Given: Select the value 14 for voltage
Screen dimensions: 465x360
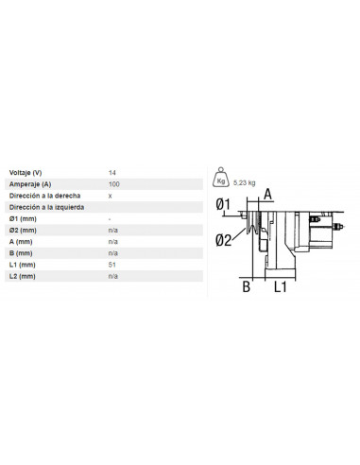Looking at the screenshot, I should coord(112,172).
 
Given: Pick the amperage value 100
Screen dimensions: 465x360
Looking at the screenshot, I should coord(114,183).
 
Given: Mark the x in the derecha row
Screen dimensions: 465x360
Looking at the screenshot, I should coord(111,195).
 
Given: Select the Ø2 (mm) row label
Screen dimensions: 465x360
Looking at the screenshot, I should coord(24,230).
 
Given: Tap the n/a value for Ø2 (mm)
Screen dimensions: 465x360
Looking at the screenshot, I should coord(112,230).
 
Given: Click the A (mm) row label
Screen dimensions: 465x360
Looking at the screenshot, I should coord(22,241).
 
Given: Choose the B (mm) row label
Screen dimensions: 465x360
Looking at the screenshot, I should coord(22,253).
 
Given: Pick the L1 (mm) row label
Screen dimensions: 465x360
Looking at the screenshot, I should coord(23,265).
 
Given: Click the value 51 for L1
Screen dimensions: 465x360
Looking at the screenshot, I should coord(111,265).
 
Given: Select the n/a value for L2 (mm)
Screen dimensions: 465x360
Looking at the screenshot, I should coord(112,276).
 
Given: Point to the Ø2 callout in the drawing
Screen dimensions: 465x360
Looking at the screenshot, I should coord(223,239).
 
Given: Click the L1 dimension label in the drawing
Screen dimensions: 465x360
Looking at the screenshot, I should coord(282,286).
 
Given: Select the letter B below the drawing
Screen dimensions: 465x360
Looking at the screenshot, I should coord(244,286).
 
